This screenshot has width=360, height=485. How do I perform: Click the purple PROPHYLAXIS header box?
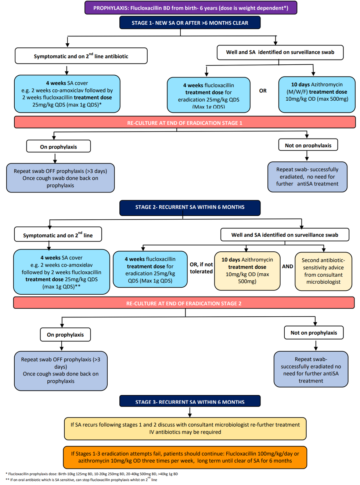tap(191, 8)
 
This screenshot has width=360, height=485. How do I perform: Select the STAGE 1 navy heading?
tap(190, 23)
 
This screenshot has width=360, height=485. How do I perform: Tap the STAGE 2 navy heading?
tap(190, 207)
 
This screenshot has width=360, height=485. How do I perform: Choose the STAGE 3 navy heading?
tap(190, 402)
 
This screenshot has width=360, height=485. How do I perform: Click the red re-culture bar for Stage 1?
tap(185, 123)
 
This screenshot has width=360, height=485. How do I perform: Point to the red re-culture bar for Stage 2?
tap(184, 303)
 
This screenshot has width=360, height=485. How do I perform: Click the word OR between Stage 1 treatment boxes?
tap(263, 91)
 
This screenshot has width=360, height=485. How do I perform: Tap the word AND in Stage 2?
tap(288, 266)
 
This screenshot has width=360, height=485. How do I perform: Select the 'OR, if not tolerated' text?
tap(201, 268)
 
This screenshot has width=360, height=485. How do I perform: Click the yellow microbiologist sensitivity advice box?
tap(323, 271)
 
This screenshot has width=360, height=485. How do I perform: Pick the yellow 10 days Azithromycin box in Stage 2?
tap(247, 271)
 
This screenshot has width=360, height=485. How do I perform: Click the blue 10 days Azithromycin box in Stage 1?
tap(317, 94)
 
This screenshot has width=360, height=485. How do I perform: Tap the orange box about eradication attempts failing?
tap(185, 457)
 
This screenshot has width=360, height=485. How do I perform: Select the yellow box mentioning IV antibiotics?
tap(185, 428)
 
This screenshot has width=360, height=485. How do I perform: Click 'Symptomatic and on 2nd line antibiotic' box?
tap(81, 56)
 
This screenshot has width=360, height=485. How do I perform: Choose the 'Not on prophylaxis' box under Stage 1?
tap(308, 145)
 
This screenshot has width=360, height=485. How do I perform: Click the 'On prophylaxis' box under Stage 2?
tap(65, 335)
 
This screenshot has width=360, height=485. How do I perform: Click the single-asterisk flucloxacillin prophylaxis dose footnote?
tap(92, 474)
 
